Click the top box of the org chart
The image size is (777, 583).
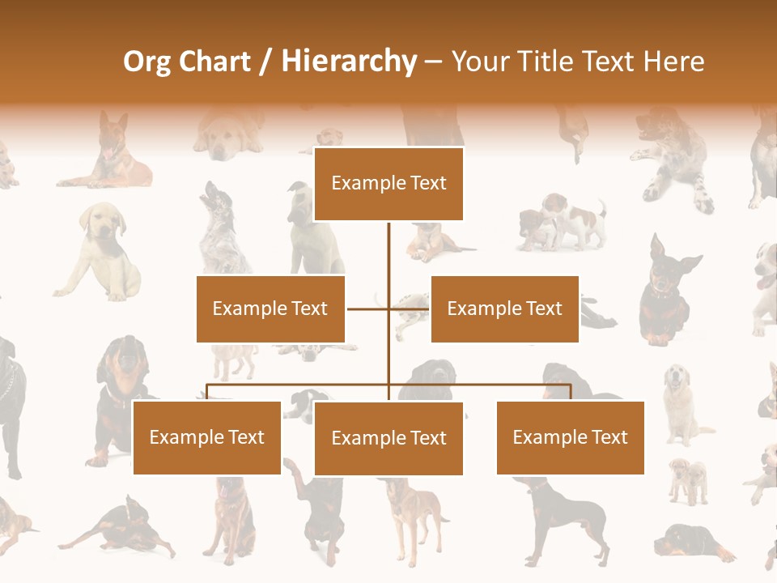pyautogui.click(x=388, y=184)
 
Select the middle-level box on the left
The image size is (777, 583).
pyautogui.click(x=270, y=309)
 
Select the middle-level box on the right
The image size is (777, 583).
pyautogui.click(x=504, y=309)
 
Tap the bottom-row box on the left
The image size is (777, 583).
pyautogui.click(x=207, y=437)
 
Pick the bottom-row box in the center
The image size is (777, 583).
pyautogui.click(x=388, y=438)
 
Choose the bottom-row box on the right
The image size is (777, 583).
pyautogui.click(x=570, y=437)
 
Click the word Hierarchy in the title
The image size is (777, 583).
pyautogui.click(x=349, y=62)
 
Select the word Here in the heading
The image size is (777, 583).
pyautogui.click(x=673, y=62)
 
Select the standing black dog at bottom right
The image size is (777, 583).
pyautogui.click(x=567, y=518)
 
